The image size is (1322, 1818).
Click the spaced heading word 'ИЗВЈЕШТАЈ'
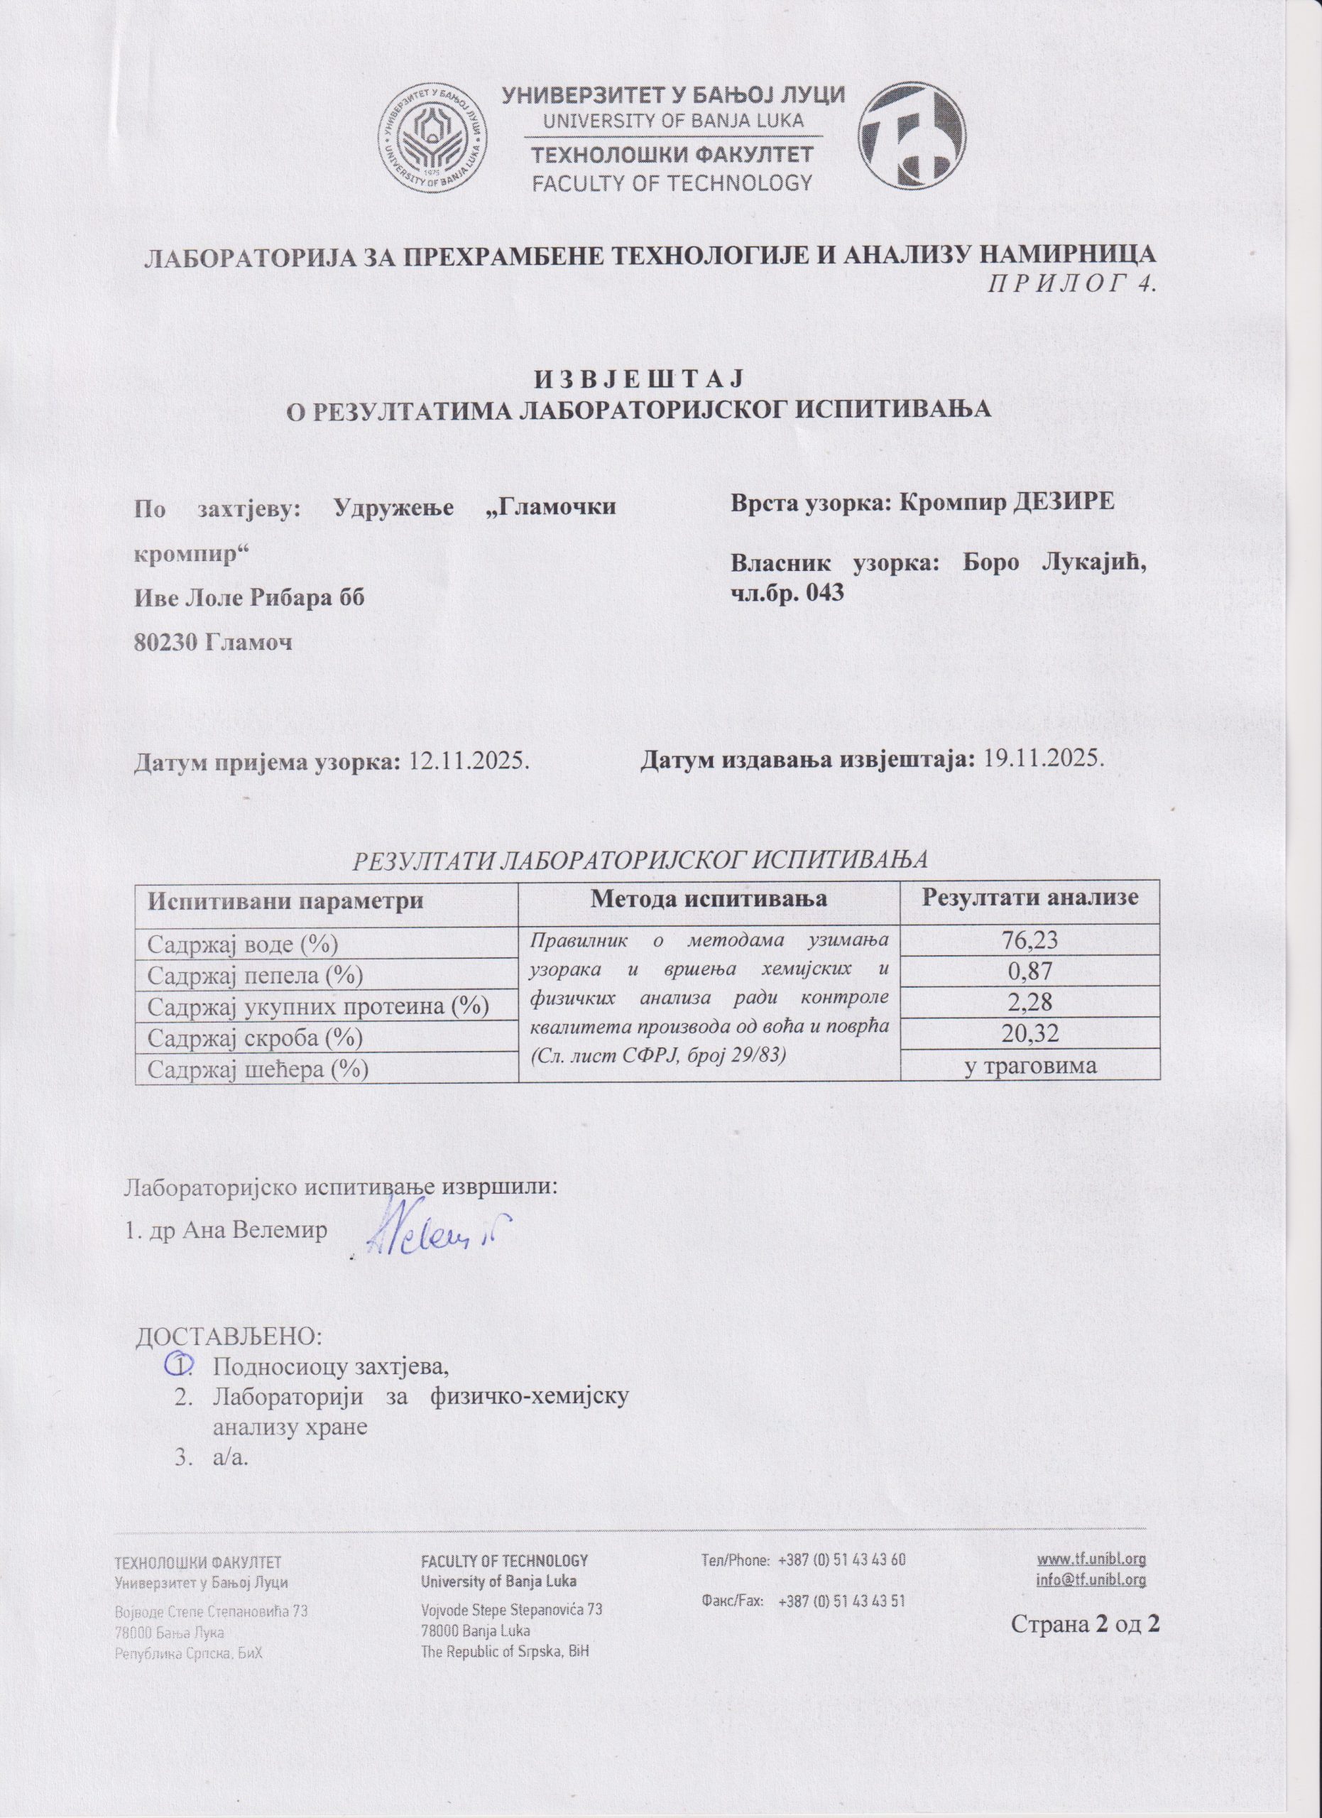638,378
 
